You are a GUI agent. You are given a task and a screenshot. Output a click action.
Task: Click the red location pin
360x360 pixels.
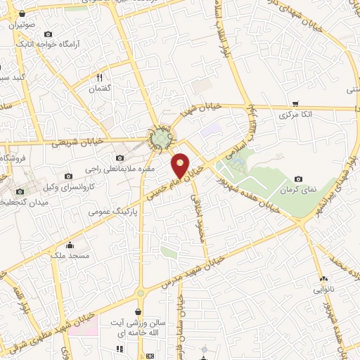tap(181, 165)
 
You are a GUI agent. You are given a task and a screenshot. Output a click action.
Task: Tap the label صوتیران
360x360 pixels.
tap(22, 24)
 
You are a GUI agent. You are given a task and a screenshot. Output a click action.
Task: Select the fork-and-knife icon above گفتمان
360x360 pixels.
tap(99, 77)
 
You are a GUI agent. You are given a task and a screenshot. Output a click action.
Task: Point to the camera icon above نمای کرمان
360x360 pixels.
tap(299, 179)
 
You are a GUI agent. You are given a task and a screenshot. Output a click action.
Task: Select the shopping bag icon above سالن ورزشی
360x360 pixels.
tap(140, 310)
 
